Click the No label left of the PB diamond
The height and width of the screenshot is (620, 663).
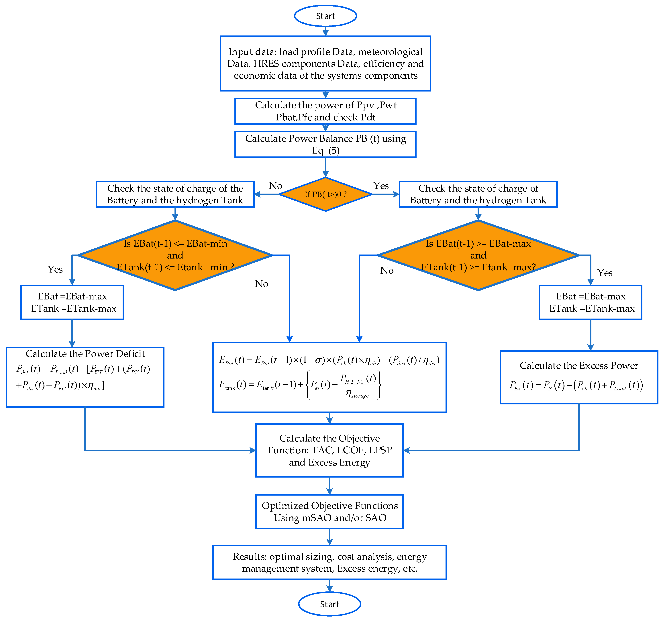coord(275,186)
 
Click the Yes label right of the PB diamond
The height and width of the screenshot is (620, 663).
coord(381,186)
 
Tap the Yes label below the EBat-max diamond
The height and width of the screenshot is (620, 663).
coord(605,273)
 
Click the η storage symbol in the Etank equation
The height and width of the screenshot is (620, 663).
coord(357,394)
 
